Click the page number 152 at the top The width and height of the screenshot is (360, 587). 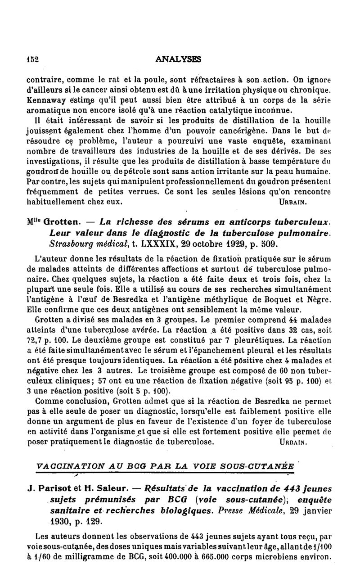point(32,59)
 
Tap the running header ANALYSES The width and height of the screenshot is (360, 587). point(178,59)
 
